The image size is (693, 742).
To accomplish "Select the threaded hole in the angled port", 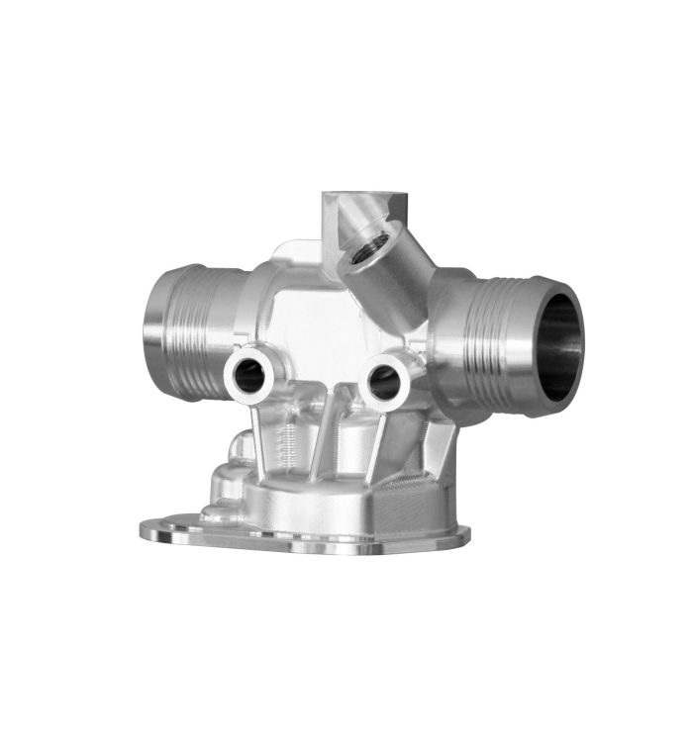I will point(373,241).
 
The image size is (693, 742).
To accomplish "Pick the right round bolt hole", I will point(383,377).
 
